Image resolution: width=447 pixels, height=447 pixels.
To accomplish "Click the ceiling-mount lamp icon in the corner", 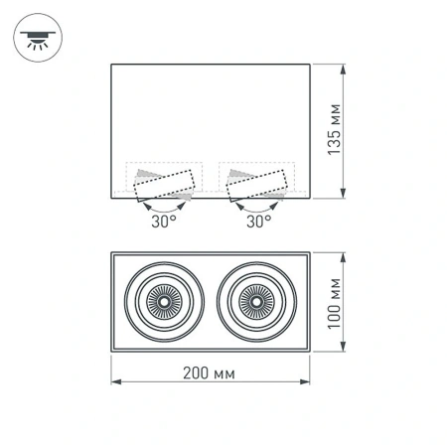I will click(x=37, y=38).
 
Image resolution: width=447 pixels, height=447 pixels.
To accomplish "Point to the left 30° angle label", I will click(x=164, y=223).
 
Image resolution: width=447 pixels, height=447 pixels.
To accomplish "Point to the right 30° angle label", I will click(x=257, y=223).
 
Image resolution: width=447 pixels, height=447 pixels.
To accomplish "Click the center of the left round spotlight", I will click(x=162, y=298).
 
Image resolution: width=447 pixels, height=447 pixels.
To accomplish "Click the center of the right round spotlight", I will click(x=256, y=298).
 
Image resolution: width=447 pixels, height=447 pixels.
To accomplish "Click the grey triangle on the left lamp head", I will click(x=143, y=175).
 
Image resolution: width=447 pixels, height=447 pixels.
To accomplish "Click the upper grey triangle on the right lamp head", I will click(x=235, y=175).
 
